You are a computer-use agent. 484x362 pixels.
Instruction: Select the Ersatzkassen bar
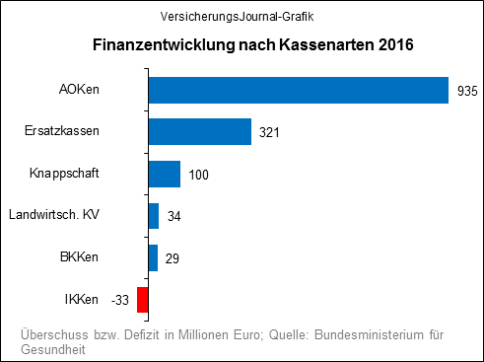[200, 132]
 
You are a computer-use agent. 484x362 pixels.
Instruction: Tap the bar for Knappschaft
[165, 175]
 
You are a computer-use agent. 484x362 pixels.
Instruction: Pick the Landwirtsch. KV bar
[154, 216]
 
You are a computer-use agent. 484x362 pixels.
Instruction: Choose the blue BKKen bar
[153, 257]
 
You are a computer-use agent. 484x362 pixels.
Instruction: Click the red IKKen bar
[143, 299]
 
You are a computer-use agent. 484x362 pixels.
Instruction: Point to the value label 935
[468, 92]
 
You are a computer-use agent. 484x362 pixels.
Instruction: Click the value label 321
[271, 133]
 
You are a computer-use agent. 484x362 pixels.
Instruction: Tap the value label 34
[174, 216]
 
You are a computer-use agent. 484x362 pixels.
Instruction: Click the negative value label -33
[121, 299]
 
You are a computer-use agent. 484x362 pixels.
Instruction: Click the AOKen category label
[80, 92]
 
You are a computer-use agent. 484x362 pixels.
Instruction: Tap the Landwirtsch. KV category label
[54, 215]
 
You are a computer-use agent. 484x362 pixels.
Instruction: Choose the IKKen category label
[81, 299]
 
